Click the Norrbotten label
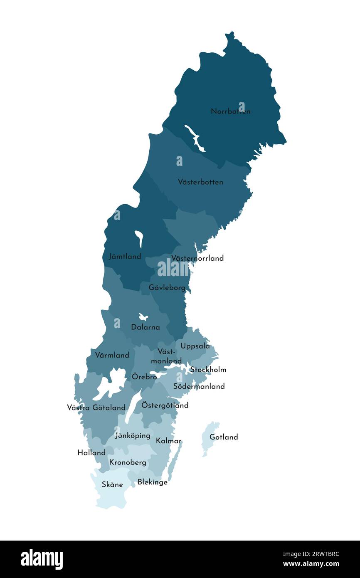(x=230, y=111)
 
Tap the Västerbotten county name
(x=200, y=182)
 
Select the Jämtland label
(x=125, y=257)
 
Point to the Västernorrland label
(x=197, y=258)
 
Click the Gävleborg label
(x=167, y=287)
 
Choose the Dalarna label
(x=145, y=327)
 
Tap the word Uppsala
(x=195, y=346)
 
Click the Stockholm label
(x=208, y=370)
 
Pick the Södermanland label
(x=199, y=386)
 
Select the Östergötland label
(x=165, y=405)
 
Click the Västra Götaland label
(x=96, y=408)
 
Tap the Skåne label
(x=112, y=484)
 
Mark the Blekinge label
(x=152, y=482)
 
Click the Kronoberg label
(x=128, y=462)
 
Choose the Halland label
(x=91, y=452)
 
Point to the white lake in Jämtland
(x=139, y=238)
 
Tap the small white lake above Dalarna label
(x=143, y=317)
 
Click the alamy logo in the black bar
(x=42, y=559)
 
